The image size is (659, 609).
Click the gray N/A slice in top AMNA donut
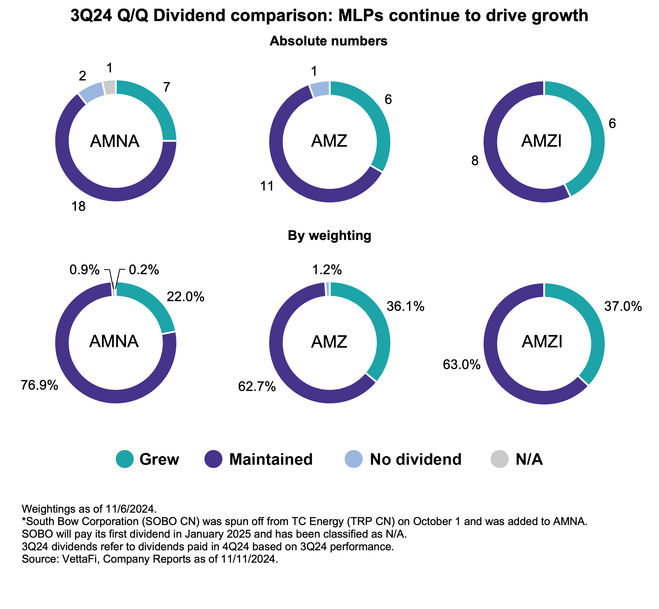click(x=109, y=87)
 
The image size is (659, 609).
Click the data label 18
click(x=78, y=207)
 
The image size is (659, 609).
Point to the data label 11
click(x=267, y=186)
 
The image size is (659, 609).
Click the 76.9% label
click(x=40, y=385)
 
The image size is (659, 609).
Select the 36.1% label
click(x=405, y=307)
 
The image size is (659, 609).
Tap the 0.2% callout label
click(x=144, y=270)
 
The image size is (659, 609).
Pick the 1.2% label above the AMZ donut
click(x=327, y=270)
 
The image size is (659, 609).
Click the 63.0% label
click(x=461, y=365)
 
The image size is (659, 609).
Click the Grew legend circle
click(x=125, y=459)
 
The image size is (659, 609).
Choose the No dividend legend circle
click(x=353, y=459)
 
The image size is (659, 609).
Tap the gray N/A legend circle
click(x=500, y=459)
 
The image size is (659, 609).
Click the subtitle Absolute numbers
click(x=328, y=41)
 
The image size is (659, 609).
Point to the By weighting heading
click(x=329, y=236)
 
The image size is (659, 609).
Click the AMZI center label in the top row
click(x=541, y=141)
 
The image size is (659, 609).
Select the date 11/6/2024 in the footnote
click(x=130, y=509)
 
